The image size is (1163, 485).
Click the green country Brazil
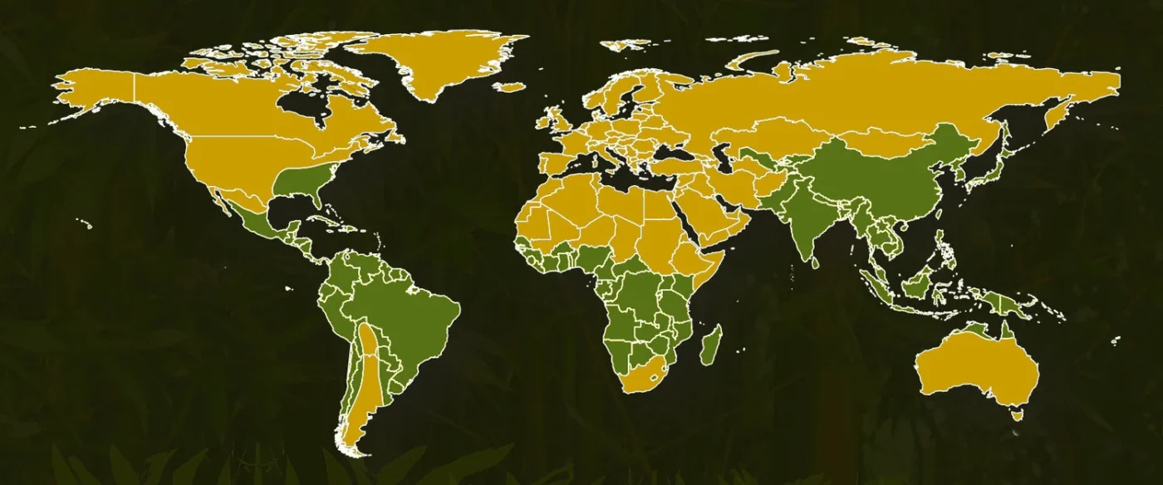[407, 316]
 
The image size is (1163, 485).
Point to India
[802, 220]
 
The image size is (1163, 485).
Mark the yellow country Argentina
[366, 382]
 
